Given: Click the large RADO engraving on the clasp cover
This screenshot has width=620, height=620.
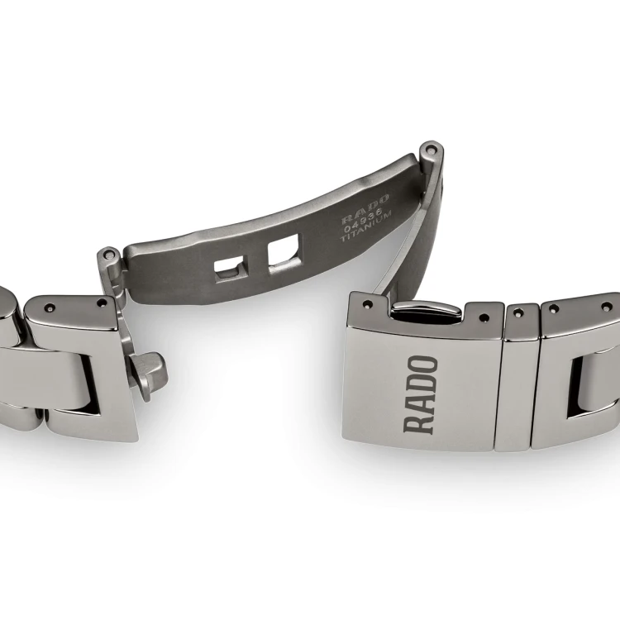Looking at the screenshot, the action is [420, 394].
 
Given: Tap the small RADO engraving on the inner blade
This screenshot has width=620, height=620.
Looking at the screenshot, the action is [365, 209].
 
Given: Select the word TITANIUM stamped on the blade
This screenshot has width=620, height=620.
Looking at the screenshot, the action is [366, 227].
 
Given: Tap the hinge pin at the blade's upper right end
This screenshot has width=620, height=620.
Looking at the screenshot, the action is [430, 150].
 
